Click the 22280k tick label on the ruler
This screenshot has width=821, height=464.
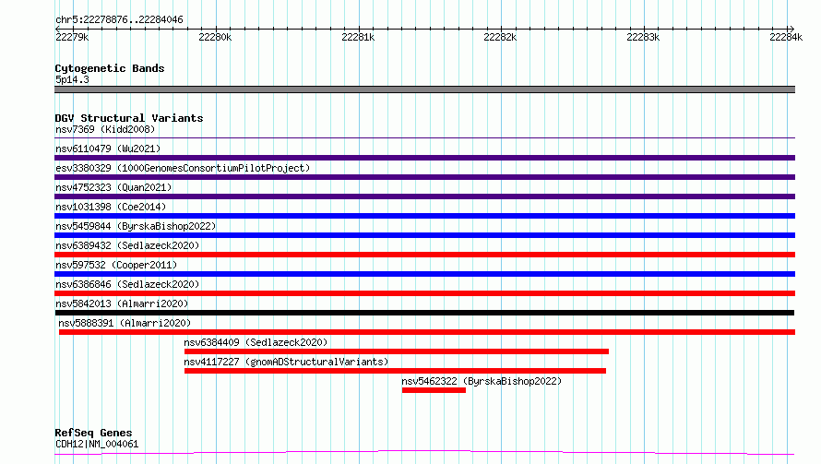click(215, 37)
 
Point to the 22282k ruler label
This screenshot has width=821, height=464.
click(500, 37)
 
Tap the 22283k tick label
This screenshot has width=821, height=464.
click(643, 37)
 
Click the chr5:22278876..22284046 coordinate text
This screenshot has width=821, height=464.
click(119, 20)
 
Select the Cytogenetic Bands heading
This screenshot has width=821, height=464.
click(110, 68)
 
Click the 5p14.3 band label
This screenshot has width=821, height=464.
click(72, 79)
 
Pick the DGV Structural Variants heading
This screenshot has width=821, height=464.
click(129, 118)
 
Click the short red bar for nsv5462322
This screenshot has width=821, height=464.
click(434, 390)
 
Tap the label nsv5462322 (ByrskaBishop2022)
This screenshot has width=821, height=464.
click(482, 381)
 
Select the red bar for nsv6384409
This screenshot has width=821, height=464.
click(397, 351)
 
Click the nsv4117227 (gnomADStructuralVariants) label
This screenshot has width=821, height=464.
click(286, 362)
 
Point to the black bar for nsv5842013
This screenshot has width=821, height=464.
click(424, 313)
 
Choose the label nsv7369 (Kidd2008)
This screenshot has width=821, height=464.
click(105, 129)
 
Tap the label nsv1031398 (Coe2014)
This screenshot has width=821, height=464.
click(111, 207)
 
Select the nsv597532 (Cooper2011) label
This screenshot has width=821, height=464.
click(116, 265)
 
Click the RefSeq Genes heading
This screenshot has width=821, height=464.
click(94, 434)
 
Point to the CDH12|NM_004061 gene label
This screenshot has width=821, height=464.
click(97, 444)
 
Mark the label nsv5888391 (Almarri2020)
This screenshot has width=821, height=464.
click(125, 323)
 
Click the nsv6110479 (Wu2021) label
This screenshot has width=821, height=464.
click(108, 149)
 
